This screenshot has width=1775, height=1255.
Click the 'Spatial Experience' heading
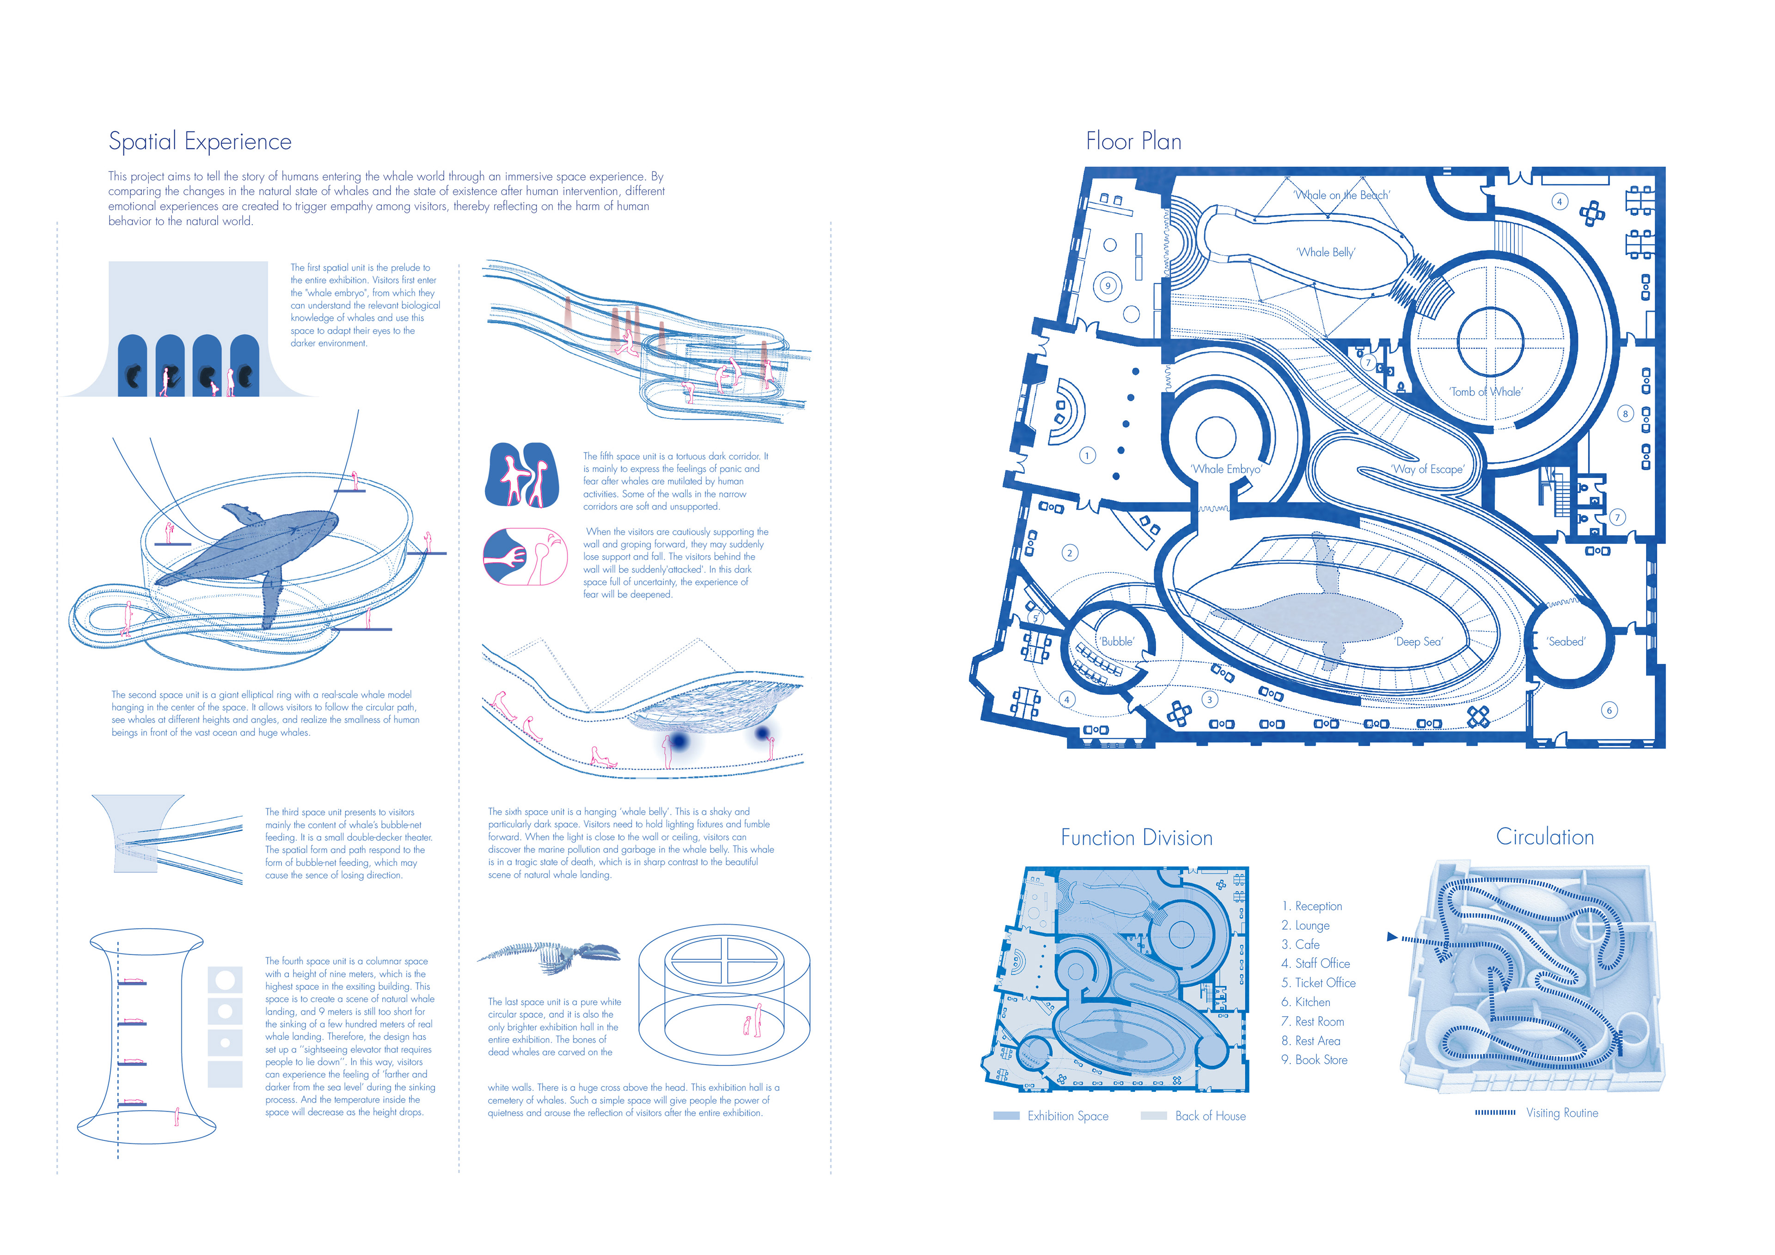click(x=200, y=141)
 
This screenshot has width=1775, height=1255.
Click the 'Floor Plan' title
click(x=1133, y=141)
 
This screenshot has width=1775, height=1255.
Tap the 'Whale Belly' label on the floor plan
click(x=1325, y=252)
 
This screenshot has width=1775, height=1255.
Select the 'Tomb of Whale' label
click(x=1485, y=392)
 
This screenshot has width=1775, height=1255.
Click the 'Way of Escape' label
click(x=1427, y=469)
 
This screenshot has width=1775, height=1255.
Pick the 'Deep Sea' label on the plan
click(x=1418, y=642)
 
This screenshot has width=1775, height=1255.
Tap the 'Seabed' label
click(x=1566, y=642)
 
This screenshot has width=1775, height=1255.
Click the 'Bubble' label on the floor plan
click(x=1117, y=642)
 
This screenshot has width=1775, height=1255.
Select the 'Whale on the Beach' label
click(x=1341, y=196)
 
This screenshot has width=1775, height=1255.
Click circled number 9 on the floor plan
click(x=1108, y=286)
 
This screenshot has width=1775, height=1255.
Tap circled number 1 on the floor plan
click(x=1087, y=455)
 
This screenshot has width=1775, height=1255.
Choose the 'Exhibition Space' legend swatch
click(x=1007, y=1116)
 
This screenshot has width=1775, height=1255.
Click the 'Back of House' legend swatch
click(x=1153, y=1116)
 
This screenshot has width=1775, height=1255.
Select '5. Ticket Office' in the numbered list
click(x=1318, y=983)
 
